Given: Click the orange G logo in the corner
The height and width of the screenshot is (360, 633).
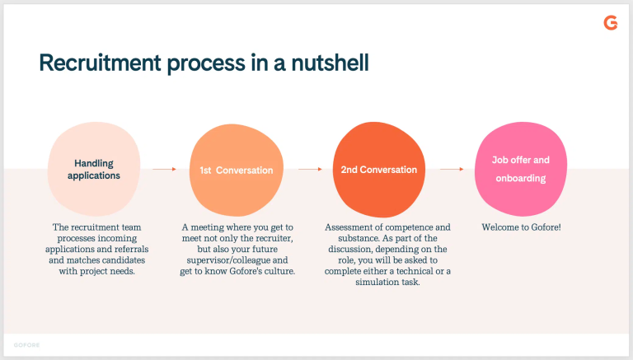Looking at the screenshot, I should (x=610, y=23).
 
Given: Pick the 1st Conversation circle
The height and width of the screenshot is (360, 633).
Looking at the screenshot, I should (x=236, y=170).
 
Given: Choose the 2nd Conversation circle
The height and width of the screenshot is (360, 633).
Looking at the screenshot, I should (x=378, y=170).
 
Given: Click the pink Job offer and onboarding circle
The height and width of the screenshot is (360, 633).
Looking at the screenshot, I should (x=520, y=169).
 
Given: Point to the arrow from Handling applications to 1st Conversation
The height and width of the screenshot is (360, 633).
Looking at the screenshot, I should (x=164, y=169).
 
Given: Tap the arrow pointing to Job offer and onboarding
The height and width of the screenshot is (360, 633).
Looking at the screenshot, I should (x=452, y=169).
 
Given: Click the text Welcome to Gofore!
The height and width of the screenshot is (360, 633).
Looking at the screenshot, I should (x=520, y=227).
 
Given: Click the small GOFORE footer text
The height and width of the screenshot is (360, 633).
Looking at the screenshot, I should (x=26, y=344).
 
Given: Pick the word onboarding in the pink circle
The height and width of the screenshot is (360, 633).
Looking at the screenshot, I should (x=520, y=178).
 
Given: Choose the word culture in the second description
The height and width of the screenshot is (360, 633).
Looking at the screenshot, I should (x=275, y=271).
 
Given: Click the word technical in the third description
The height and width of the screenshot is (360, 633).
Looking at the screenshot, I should (x=412, y=271).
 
